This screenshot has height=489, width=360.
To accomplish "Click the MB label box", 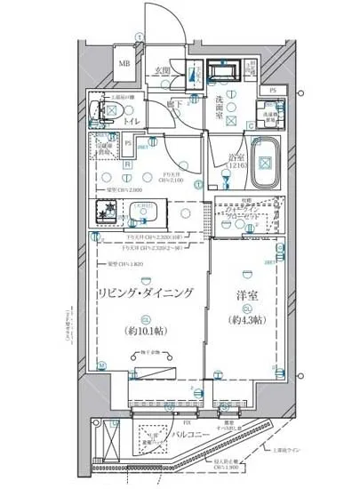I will pyautogui.click(x=125, y=64).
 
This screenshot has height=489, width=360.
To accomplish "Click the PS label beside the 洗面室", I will pyautogui.click(x=272, y=91).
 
